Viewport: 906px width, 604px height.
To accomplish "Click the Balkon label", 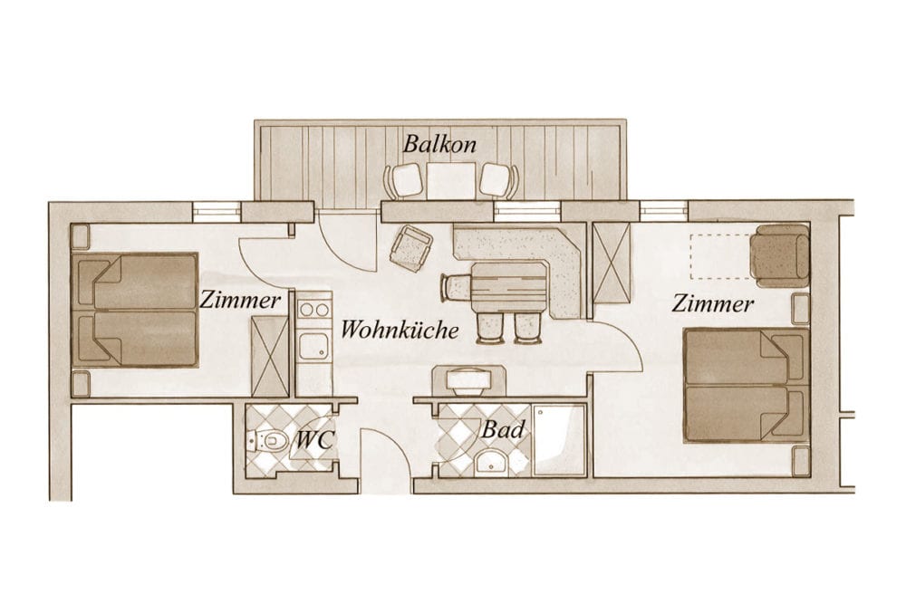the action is [x=439, y=144].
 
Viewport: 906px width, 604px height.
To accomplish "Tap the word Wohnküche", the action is [x=400, y=330].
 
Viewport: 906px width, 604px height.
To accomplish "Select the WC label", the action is [x=314, y=441].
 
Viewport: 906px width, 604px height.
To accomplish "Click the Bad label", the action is [x=503, y=429].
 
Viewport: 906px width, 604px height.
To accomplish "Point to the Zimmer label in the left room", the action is [x=240, y=300].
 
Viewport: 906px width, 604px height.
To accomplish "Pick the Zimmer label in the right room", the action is [x=712, y=303].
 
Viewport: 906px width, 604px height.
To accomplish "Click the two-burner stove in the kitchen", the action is [x=315, y=310].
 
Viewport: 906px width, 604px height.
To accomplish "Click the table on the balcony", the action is [x=450, y=179].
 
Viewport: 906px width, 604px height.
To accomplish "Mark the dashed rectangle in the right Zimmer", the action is [x=722, y=256].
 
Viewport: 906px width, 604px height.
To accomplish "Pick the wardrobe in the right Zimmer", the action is [x=612, y=262].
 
